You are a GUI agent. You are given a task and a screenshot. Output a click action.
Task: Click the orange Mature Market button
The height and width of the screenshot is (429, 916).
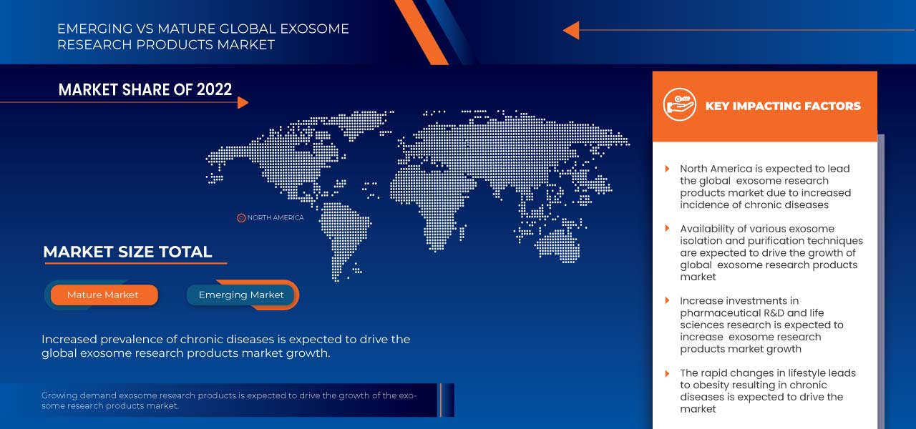pos(103,295)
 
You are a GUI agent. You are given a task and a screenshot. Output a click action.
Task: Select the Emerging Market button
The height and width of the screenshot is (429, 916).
pos(241,295)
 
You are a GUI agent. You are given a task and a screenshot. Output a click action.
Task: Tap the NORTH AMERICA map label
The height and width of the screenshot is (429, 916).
pos(276,217)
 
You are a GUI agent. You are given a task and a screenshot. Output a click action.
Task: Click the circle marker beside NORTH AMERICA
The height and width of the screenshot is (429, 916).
pos(241,217)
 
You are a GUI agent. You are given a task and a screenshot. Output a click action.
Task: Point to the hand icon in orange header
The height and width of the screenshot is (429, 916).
pos(679,106)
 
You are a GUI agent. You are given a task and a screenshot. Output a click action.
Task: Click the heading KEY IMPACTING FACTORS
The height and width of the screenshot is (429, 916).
pos(783,106)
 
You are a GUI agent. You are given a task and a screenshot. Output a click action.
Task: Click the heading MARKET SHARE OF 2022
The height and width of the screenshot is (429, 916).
pos(145,89)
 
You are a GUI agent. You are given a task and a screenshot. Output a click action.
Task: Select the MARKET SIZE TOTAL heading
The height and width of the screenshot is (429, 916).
pos(127,252)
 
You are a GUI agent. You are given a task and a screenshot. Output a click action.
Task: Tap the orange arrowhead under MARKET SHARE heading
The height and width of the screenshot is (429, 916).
pos(243,103)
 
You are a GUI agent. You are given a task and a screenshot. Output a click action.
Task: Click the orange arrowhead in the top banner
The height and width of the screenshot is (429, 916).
pos(571,30)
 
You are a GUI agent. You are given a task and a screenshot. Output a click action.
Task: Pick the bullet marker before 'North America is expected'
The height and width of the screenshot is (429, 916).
pos(668,169)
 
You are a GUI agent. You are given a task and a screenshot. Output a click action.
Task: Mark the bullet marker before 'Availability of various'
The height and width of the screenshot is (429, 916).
pos(668,229)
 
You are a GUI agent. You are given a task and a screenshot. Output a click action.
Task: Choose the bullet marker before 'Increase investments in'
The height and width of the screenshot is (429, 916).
pos(668,301)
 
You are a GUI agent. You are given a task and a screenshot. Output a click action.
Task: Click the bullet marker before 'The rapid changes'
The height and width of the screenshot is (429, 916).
pos(668,373)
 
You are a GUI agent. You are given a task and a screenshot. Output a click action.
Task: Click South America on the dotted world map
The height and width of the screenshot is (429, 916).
pos(343,229)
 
